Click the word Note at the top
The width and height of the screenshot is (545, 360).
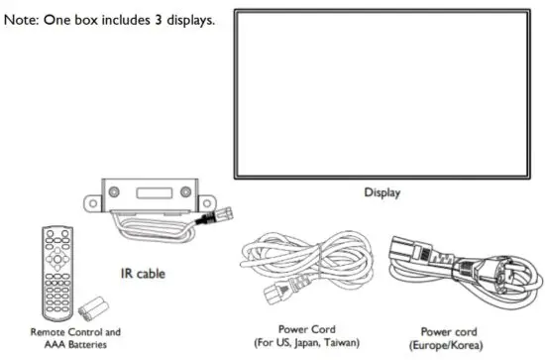pos(21,20)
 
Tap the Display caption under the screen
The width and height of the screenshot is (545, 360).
pos(381,192)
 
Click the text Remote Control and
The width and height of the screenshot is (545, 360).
pos(75,332)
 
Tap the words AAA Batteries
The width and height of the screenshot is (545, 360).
pos(75,344)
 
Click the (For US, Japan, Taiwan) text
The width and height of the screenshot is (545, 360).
pos(308,343)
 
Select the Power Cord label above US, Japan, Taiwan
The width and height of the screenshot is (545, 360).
pos(308,329)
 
